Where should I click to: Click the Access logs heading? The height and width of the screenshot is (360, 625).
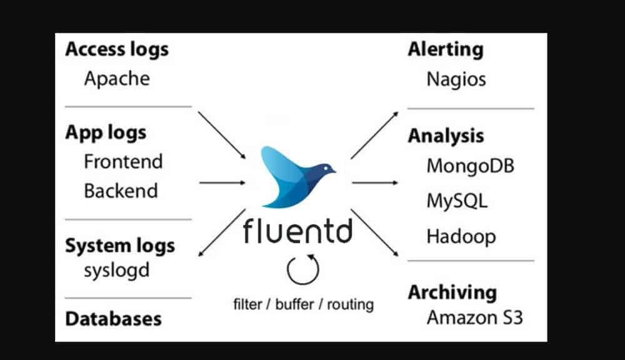tap(117, 50)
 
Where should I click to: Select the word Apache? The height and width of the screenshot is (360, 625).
tap(117, 79)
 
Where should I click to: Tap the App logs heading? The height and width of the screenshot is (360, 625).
tap(106, 132)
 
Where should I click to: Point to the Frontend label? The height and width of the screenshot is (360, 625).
tap(123, 161)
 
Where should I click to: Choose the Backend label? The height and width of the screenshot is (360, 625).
tap(121, 191)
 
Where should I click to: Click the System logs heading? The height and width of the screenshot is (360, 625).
tap(120, 246)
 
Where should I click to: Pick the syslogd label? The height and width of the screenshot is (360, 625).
tap(117, 271)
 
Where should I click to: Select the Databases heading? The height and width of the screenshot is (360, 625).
tap(113, 319)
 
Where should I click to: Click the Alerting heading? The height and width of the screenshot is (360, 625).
tap(445, 50)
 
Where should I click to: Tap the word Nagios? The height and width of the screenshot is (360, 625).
tap(456, 79)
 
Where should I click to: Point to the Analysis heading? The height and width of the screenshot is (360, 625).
tap(446, 136)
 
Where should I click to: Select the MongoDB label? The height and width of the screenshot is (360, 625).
tap(471, 166)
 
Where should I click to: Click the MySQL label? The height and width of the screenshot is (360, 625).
tap(457, 201)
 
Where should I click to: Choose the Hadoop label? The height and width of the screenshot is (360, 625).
tap(461, 237)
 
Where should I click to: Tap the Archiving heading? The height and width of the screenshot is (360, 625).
tap(452, 292)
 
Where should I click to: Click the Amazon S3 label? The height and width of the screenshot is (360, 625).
tap(474, 317)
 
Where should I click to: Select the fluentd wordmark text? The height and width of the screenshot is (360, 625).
tap(297, 231)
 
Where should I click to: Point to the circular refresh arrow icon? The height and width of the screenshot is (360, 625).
tap(302, 269)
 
